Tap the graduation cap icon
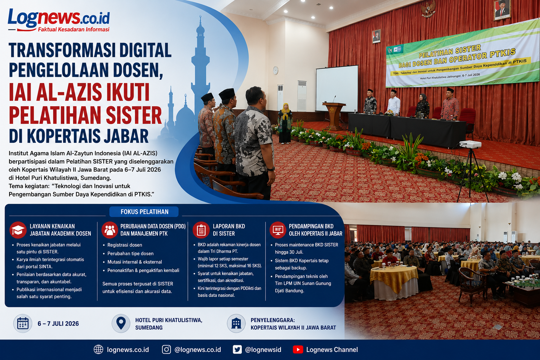[x=18, y=230]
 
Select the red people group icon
[x=110, y=230]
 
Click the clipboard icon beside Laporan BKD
[x=201, y=230]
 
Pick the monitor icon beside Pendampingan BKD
[x=278, y=230]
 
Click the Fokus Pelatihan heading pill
[x=144, y=212]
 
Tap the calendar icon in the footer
[x=23, y=323]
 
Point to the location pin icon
[x=121, y=323]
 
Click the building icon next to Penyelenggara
[x=236, y=323]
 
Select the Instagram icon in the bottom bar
[x=166, y=349]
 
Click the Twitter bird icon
[x=237, y=349]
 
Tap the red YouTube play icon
[x=298, y=349]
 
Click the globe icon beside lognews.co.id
[x=98, y=349]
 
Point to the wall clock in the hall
[x=276, y=70]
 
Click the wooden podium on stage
[x=334, y=116]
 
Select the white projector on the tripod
[x=470, y=144]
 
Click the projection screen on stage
[x=337, y=89]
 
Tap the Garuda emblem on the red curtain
[x=428, y=9]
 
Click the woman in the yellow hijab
[x=285, y=123]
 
